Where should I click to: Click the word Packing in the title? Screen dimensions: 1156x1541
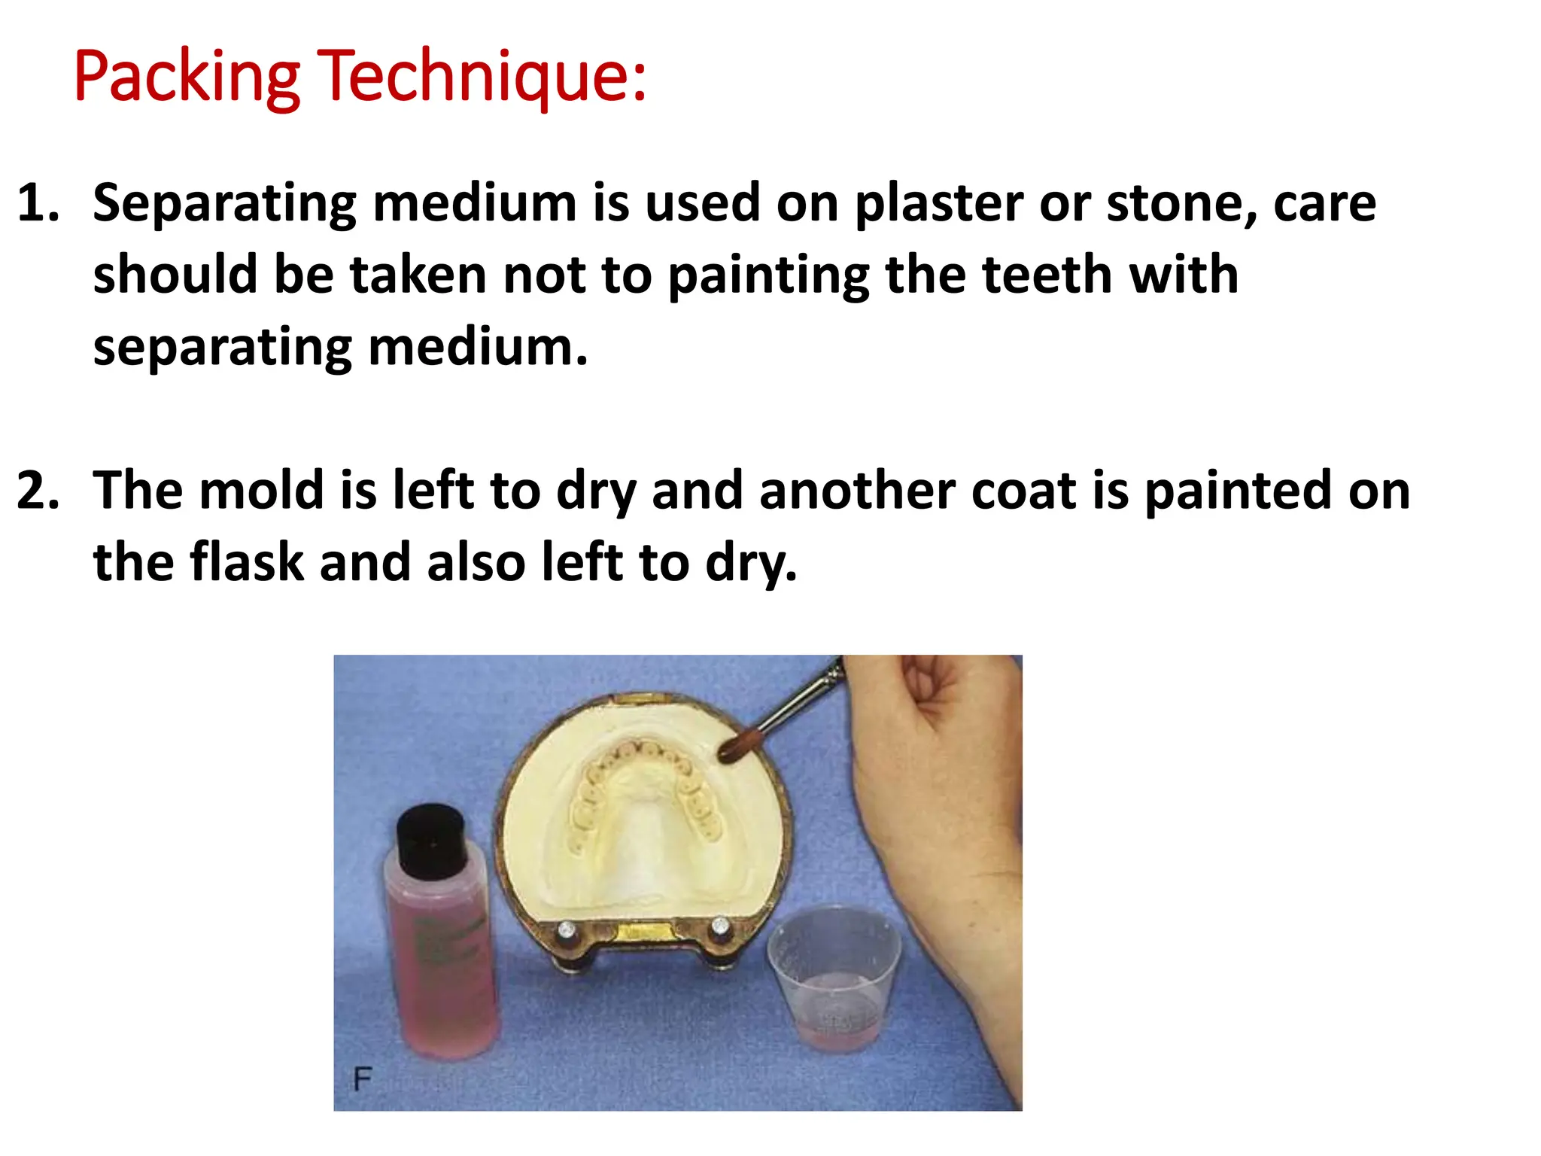coord(187,77)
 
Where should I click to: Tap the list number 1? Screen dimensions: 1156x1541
coord(38,203)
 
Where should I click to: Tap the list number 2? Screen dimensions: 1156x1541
coord(38,491)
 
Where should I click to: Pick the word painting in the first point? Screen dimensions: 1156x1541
coord(768,276)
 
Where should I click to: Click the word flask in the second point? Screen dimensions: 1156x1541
coord(246,562)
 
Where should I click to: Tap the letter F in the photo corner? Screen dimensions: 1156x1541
coord(362,1079)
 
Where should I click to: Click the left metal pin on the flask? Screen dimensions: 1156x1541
coord(566,930)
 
